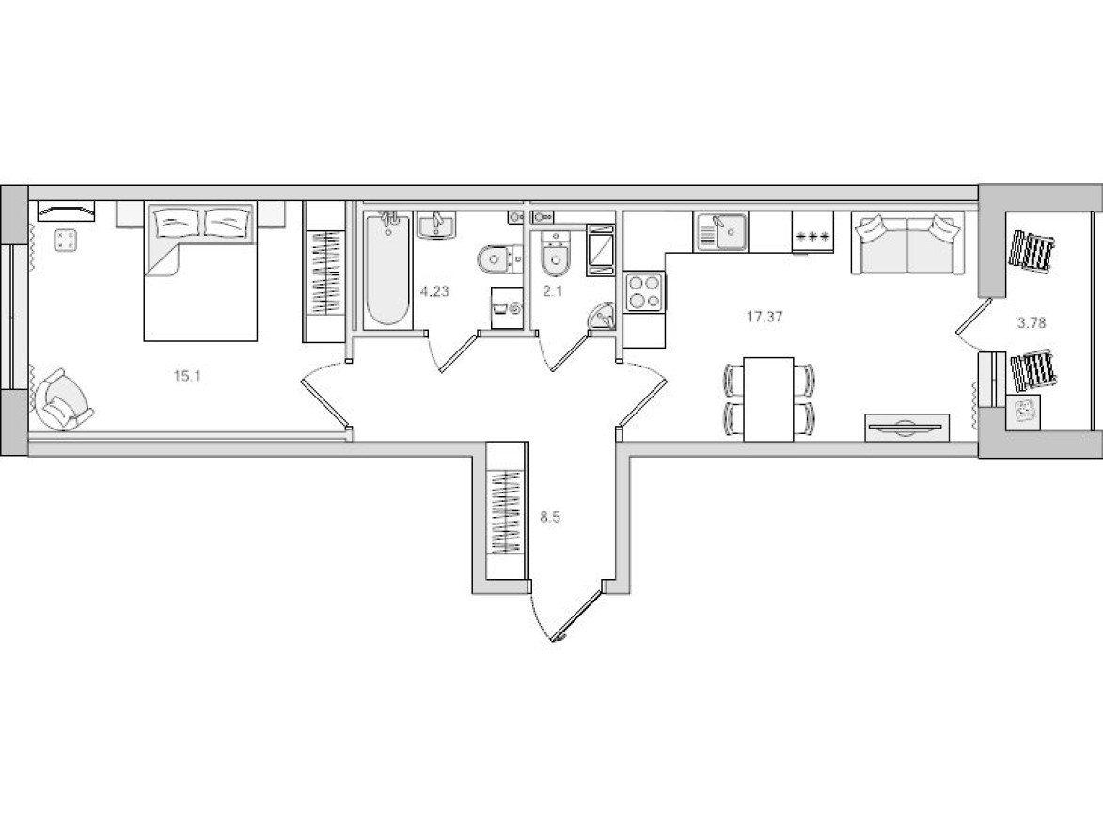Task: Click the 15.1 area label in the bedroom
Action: pyautogui.click(x=188, y=376)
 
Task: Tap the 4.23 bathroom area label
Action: pyautogui.click(x=434, y=291)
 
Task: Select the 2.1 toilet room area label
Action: pyautogui.click(x=552, y=291)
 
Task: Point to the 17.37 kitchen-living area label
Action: pyautogui.click(x=764, y=318)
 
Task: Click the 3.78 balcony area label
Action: pyautogui.click(x=1032, y=321)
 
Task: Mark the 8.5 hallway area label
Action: pyautogui.click(x=551, y=516)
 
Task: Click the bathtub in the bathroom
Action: pyautogui.click(x=387, y=271)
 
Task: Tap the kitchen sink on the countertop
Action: pyautogui.click(x=721, y=230)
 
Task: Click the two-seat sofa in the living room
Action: pyautogui.click(x=906, y=244)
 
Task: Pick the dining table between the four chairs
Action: pyautogui.click(x=770, y=398)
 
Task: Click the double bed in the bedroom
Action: pyautogui.click(x=201, y=273)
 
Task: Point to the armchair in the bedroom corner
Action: pyautogui.click(x=62, y=401)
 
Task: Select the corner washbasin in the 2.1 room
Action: pyautogui.click(x=601, y=318)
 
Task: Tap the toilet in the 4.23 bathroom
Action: pyautogui.click(x=496, y=257)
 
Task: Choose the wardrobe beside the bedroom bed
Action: pyautogui.click(x=324, y=273)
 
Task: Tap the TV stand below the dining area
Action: pyautogui.click(x=906, y=427)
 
